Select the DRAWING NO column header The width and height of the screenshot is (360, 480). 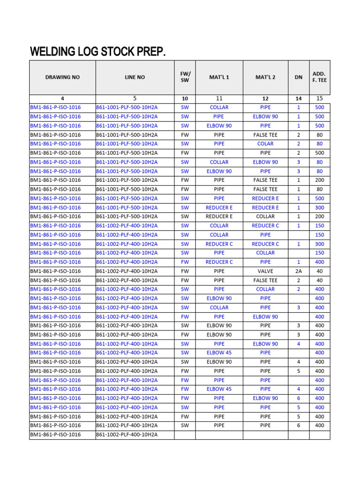[x=62, y=77]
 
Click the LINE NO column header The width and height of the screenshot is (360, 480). [x=135, y=77]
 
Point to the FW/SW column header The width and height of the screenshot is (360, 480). [x=185, y=77]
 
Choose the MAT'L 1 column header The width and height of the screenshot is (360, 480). [x=219, y=77]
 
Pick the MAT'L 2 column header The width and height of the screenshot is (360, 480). [x=265, y=77]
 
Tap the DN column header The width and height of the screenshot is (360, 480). [x=299, y=77]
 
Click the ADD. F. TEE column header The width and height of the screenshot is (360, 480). [x=319, y=77]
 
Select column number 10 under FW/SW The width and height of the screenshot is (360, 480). [x=185, y=98]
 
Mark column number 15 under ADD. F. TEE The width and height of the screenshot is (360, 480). [x=319, y=98]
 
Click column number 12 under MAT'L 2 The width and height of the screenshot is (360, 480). [x=265, y=98]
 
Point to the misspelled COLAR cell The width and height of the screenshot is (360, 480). [x=265, y=144]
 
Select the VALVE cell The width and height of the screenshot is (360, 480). [x=265, y=271]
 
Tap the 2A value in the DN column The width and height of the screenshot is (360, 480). [x=299, y=271]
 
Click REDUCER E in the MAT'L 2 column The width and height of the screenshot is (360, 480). [x=265, y=207]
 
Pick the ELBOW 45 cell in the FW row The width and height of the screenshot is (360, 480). [x=219, y=389]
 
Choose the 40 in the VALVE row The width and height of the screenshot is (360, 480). [x=319, y=271]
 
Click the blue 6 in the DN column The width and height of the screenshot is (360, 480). [x=299, y=398]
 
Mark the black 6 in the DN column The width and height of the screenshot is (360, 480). [x=299, y=425]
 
